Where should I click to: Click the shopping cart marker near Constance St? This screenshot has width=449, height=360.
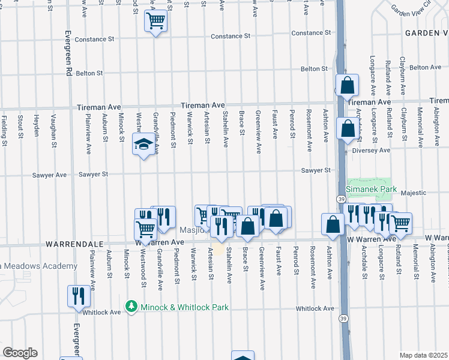point(155,22)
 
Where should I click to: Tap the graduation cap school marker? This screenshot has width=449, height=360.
point(143,145)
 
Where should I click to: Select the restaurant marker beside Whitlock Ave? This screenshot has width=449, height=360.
point(79,296)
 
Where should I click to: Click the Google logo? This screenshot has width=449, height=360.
point(20,353)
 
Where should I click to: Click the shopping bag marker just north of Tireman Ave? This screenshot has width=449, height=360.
point(348,86)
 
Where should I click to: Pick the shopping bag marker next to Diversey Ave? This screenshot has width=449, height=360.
point(348,128)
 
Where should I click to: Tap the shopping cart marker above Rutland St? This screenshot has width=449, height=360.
point(400,224)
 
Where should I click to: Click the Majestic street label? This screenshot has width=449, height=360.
point(414,193)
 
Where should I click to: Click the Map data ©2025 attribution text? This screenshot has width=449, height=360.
point(424,355)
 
